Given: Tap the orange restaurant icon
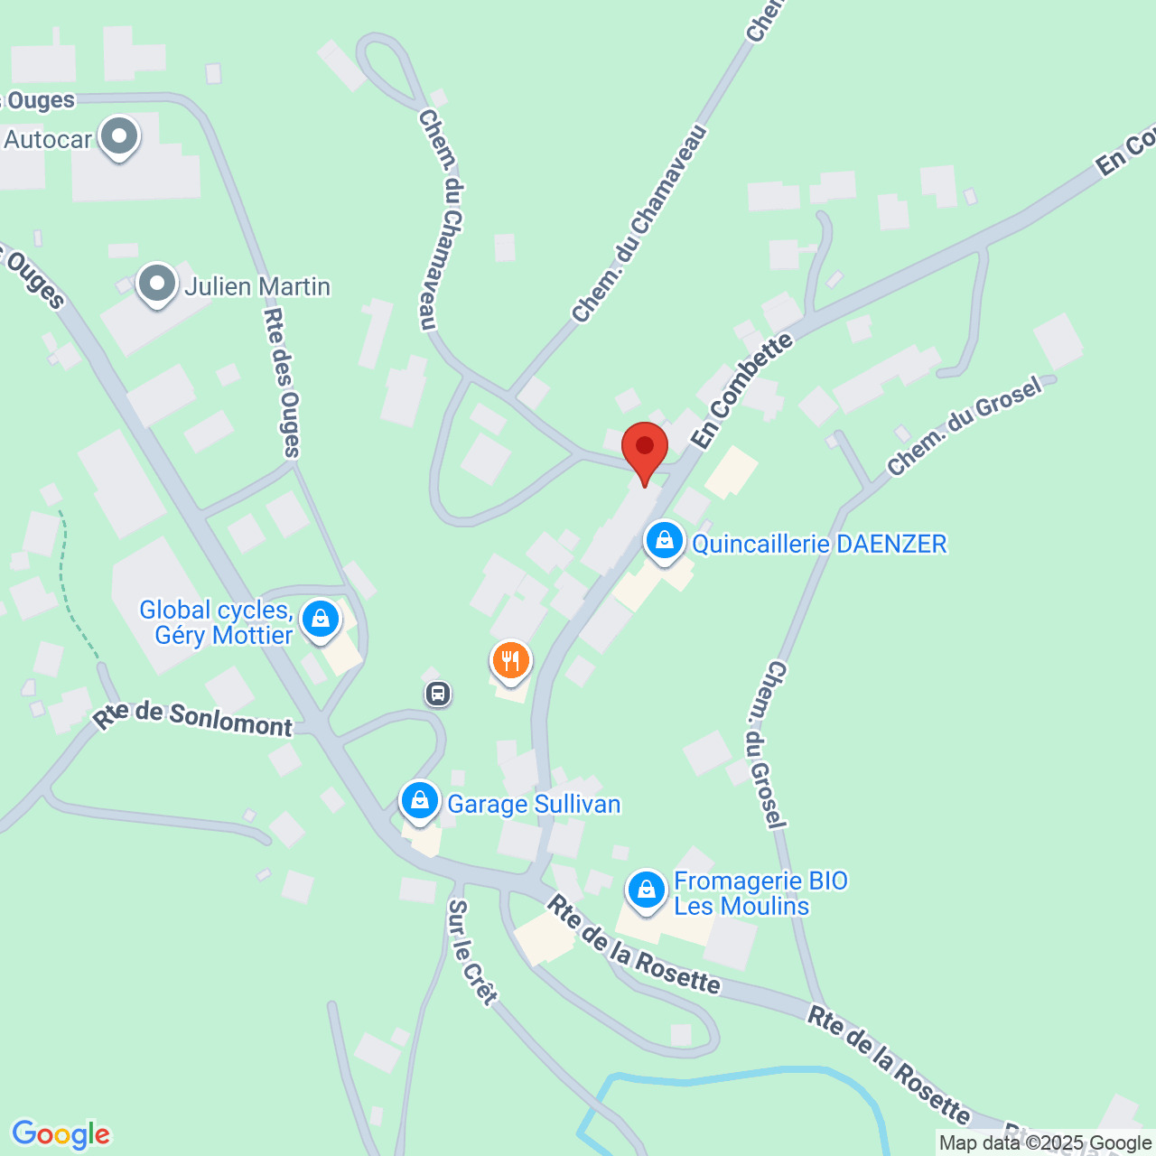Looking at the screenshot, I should pyautogui.click(x=511, y=660).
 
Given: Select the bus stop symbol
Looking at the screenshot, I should pyautogui.click(x=438, y=694).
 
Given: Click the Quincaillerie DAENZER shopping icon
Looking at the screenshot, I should pyautogui.click(x=665, y=542).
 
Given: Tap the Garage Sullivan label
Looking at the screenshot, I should pyautogui.click(x=534, y=804).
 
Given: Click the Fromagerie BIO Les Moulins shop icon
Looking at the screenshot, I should pyautogui.click(x=646, y=890).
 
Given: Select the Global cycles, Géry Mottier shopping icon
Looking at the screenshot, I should pyautogui.click(x=320, y=620).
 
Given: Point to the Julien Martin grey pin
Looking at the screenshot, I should pyautogui.click(x=157, y=284).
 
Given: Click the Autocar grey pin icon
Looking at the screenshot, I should pyautogui.click(x=118, y=138).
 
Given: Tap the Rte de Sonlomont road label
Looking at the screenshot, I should pyautogui.click(x=193, y=719).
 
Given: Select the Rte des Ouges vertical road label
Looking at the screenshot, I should pyautogui.click(x=281, y=382).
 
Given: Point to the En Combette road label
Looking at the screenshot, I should pyautogui.click(x=741, y=390).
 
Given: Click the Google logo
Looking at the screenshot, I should pyautogui.click(x=61, y=1134).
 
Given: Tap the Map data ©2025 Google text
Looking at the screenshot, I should pyautogui.click(x=1045, y=1143).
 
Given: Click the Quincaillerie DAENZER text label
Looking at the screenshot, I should pyautogui.click(x=819, y=544).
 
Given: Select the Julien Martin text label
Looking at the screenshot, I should pyautogui.click(x=257, y=286).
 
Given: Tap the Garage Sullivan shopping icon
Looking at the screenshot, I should pyautogui.click(x=420, y=801).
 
